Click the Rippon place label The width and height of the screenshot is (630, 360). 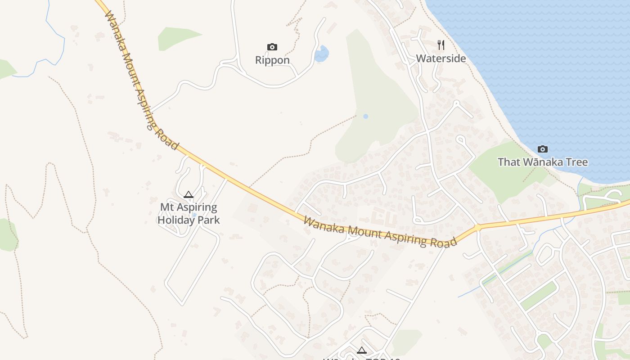click(272, 60)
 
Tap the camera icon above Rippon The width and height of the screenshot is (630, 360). click(272, 47)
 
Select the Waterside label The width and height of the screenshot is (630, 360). click(441, 58)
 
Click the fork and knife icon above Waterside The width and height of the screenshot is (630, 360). click(441, 45)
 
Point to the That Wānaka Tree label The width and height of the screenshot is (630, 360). click(543, 162)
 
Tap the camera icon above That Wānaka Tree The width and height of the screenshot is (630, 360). click(543, 149)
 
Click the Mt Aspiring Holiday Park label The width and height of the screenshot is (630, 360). click(189, 213)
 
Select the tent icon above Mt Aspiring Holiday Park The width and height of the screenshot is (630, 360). click(189, 194)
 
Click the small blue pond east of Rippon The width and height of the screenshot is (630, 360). click(322, 54)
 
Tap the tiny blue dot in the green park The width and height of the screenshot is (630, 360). click(365, 116)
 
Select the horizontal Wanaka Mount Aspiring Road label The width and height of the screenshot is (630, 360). click(380, 232)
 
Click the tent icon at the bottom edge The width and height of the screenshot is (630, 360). click(361, 350)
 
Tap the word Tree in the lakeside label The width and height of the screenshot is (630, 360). click(574, 162)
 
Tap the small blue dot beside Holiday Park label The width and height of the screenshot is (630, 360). click(194, 215)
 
